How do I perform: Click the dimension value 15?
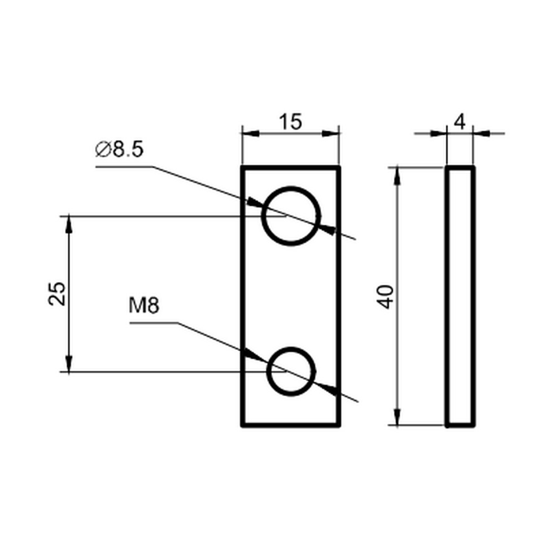point(290,122)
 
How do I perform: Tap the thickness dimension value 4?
point(460,122)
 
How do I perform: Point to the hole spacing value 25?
point(57,293)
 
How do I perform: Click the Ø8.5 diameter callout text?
point(120,150)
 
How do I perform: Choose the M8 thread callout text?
point(144,306)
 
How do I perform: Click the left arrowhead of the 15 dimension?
point(250,134)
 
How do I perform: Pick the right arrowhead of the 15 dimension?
point(331,134)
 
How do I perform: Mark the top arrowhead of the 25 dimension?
point(69,224)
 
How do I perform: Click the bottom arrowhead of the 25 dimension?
point(69,363)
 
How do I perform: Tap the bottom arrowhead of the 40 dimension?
point(397,417)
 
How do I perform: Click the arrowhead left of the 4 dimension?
point(438,134)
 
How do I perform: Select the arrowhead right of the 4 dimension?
point(481,134)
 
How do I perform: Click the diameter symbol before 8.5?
point(103,150)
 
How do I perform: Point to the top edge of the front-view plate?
point(291,167)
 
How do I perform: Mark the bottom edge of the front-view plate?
point(291,425)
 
